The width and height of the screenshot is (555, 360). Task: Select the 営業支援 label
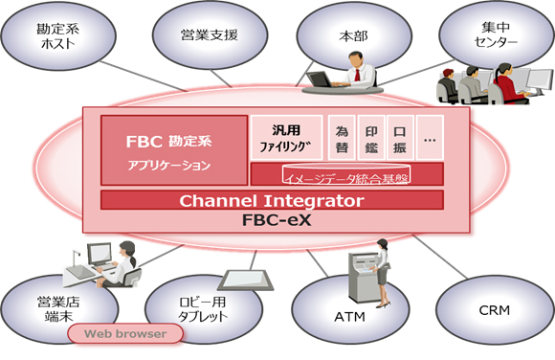[209, 35]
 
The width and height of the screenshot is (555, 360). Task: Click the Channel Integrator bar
[272, 201]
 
